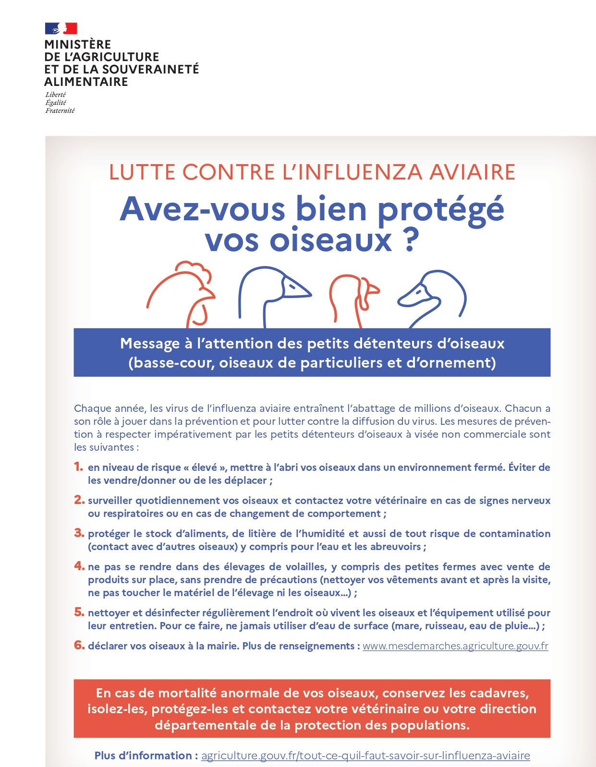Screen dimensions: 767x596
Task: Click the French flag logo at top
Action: [x=61, y=28]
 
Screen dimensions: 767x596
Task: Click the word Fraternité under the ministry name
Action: [x=60, y=111]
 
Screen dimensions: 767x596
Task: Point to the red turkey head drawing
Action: [x=353, y=295]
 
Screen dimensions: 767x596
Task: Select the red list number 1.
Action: [x=78, y=467]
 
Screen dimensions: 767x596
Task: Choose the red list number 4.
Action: [x=79, y=566]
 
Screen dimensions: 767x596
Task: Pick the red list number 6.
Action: [x=79, y=645]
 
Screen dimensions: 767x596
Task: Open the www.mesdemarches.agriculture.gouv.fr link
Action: [x=455, y=646]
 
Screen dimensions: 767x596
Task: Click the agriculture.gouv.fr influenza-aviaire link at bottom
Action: [x=365, y=755]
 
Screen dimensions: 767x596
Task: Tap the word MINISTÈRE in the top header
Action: [x=77, y=45]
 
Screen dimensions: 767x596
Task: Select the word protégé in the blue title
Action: [x=440, y=209]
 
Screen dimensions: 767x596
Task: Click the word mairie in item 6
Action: [x=222, y=646]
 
